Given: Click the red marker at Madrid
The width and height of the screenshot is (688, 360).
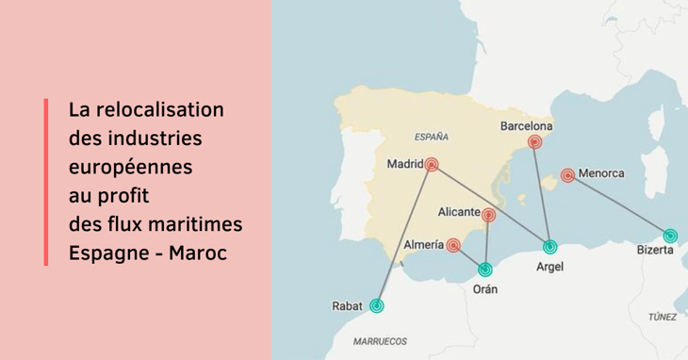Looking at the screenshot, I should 432,164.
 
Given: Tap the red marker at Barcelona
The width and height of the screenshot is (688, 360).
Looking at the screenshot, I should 535,142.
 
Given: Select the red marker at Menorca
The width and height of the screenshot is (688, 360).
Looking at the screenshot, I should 567,175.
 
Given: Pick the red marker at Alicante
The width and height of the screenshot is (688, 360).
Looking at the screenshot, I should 488,216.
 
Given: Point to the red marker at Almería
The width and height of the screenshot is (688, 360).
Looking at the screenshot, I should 453,245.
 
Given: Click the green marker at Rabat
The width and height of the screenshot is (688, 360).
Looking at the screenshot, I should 377,305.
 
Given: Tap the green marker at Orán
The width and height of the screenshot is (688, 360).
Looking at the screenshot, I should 485,270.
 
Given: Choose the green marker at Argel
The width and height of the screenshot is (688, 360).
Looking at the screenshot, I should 550,247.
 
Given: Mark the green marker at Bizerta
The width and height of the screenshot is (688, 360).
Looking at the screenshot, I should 669,236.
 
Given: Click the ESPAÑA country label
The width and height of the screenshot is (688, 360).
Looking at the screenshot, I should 431,135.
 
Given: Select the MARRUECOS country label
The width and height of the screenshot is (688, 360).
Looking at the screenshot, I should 379,340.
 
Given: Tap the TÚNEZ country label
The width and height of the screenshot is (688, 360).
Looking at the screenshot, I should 663,318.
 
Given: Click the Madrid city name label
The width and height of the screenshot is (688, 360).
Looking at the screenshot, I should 405,164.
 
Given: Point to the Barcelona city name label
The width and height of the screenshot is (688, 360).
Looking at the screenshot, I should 526,124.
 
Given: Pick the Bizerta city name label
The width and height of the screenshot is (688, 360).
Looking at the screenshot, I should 655,252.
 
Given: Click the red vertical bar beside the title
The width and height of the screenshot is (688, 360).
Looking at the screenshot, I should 45,181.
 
